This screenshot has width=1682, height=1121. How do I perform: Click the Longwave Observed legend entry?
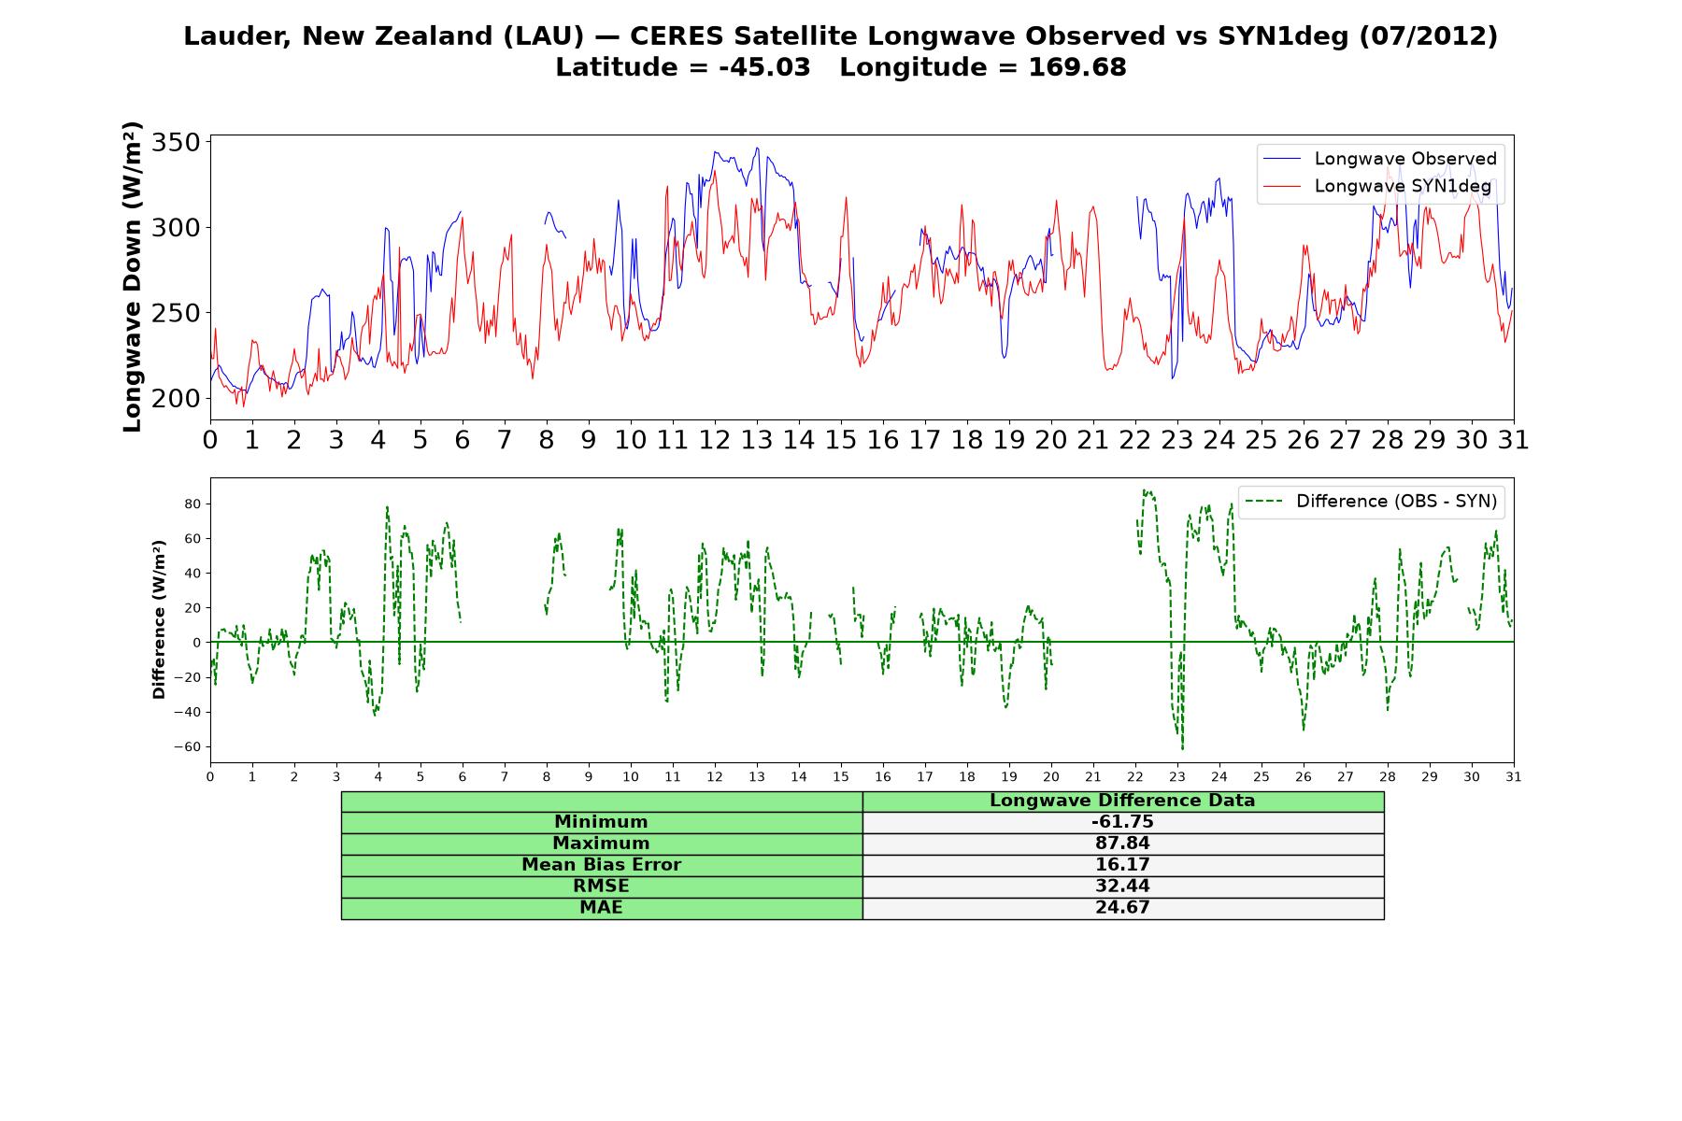(1380, 159)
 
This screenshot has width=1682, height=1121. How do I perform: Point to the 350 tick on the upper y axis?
(177, 143)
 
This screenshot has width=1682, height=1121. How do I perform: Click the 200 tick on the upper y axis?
(177, 398)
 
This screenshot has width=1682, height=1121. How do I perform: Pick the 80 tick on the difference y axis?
(192, 504)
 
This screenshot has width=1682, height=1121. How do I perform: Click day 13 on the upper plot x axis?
(757, 440)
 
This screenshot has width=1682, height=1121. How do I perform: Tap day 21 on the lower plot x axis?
(1093, 777)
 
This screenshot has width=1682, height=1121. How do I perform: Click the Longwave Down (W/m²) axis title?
(132, 277)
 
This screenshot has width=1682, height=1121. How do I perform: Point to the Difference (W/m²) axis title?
(159, 619)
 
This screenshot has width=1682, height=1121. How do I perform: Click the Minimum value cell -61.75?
(1122, 822)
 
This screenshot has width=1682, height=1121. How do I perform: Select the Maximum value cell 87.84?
(1122, 844)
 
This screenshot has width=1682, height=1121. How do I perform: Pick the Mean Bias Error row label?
(601, 865)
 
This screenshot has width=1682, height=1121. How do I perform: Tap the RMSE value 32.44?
(1122, 887)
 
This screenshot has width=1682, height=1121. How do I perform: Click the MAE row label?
(601, 908)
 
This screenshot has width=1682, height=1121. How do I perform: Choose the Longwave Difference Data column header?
(1122, 801)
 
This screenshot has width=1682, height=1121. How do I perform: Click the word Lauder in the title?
(237, 36)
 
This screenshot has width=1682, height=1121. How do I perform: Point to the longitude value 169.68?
(1077, 67)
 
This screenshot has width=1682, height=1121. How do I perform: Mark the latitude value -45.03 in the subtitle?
(764, 67)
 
